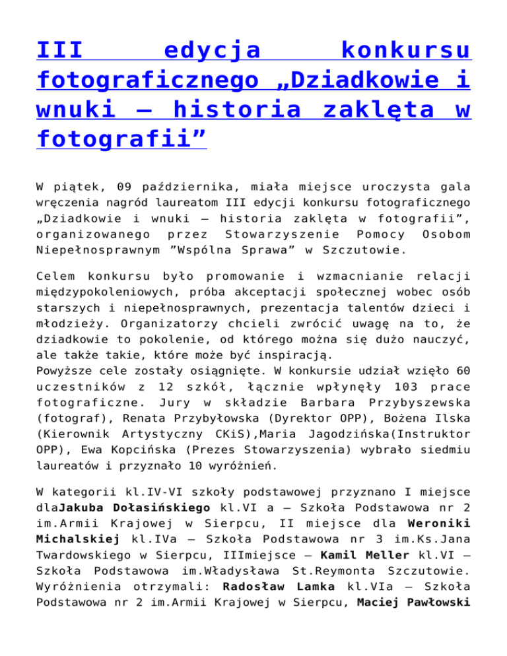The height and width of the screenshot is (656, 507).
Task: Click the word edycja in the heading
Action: pos(212,50)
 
